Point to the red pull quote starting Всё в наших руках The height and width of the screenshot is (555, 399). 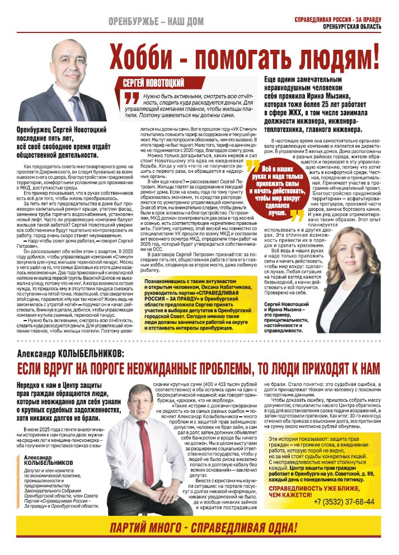point(278,190)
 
